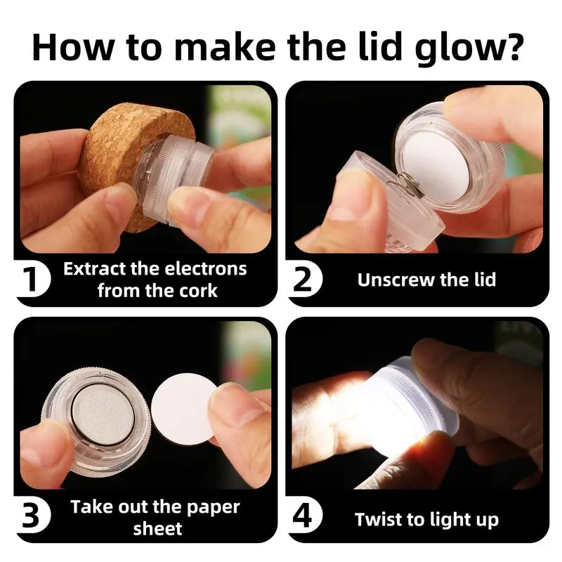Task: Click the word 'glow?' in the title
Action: (x=469, y=48)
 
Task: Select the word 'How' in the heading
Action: (x=73, y=47)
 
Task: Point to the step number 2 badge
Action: (x=304, y=279)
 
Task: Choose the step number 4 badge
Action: (x=304, y=516)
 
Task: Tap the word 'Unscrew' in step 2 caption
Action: (x=396, y=280)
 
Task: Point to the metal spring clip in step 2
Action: (x=406, y=185)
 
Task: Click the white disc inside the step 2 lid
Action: (x=436, y=162)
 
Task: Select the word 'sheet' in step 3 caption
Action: (x=157, y=529)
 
